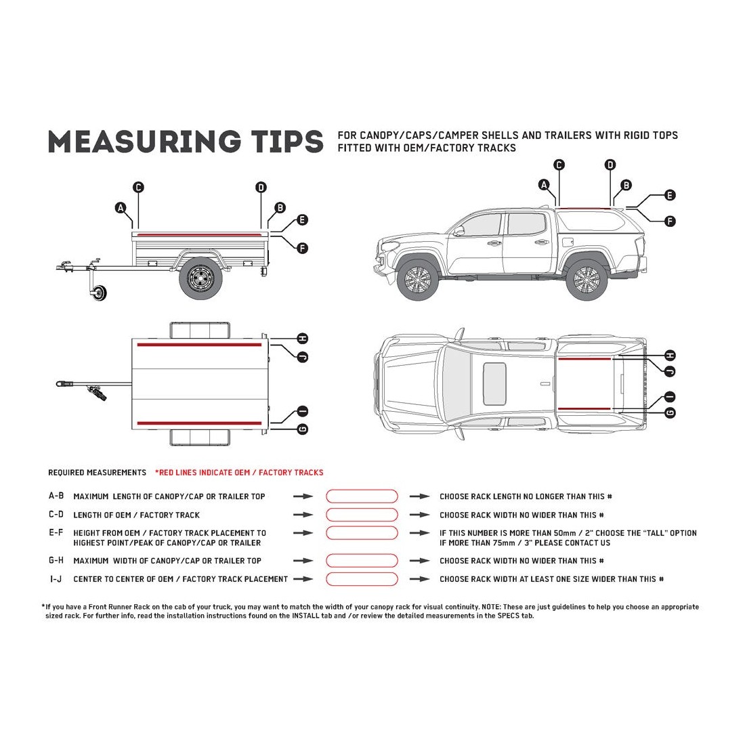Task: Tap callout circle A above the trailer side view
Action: point(121,207)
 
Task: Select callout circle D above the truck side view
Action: point(610,165)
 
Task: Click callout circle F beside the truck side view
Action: point(670,221)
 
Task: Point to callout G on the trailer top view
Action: point(303,429)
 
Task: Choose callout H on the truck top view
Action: point(670,356)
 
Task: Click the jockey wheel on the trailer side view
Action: point(100,292)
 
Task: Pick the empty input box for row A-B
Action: point(362,496)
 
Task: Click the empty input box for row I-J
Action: point(362,579)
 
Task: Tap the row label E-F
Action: point(56,533)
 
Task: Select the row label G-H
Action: point(56,561)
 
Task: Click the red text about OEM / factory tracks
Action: point(239,473)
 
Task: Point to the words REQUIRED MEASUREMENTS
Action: point(97,473)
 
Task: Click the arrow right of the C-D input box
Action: point(420,515)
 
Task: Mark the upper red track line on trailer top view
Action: point(199,345)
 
